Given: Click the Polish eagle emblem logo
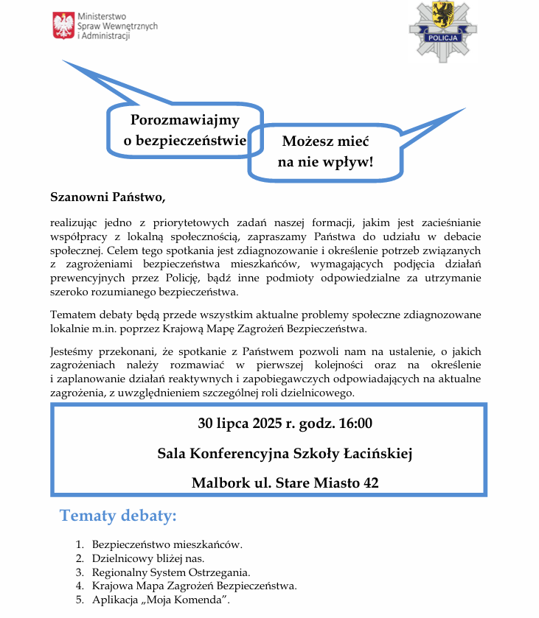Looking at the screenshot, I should pyautogui.click(x=63, y=26).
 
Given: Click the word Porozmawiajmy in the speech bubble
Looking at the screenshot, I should pyautogui.click(x=185, y=121).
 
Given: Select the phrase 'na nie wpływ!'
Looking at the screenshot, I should pyautogui.click(x=325, y=162).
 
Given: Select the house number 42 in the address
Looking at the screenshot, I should pyautogui.click(x=371, y=483).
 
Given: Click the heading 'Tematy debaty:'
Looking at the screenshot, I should pyautogui.click(x=118, y=515).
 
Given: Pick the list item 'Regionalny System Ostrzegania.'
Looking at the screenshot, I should pyautogui.click(x=171, y=572).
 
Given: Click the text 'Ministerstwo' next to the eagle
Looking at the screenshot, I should pyautogui.click(x=102, y=16).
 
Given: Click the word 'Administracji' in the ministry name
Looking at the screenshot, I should pyautogui.click(x=106, y=36).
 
